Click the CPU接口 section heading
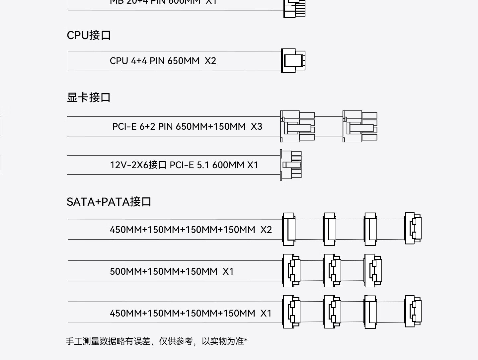(89, 35)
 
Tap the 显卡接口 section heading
(89, 98)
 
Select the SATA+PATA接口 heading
(109, 202)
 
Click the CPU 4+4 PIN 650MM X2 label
(163, 61)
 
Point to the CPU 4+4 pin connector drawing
(293, 60)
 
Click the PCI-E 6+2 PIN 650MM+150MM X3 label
(187, 126)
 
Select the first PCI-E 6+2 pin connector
(297, 126)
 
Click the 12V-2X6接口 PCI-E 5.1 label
(184, 165)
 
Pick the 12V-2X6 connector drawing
(291, 165)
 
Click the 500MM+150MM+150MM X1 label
(172, 271)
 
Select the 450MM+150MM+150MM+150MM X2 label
(191, 230)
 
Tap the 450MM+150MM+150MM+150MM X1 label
(191, 313)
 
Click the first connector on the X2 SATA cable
(289, 229)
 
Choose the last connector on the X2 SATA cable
(413, 229)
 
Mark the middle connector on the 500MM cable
(332, 270)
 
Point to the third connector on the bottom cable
(370, 312)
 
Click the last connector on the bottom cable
(413, 312)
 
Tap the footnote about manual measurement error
(156, 341)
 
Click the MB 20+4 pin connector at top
(294, 8)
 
